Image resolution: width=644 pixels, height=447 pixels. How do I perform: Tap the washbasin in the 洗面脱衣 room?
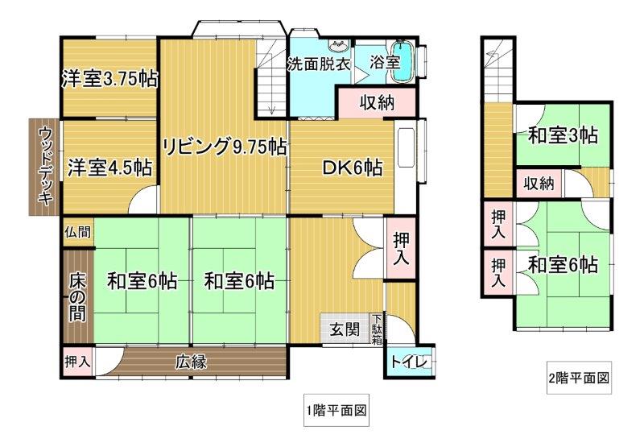pyautogui.click(x=339, y=46)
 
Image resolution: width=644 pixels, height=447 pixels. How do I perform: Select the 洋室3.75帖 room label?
pyautogui.click(x=109, y=79)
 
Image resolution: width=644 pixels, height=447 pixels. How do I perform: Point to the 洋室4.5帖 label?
pyautogui.click(x=109, y=168)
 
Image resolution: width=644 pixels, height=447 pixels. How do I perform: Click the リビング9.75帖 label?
pyautogui.click(x=225, y=147)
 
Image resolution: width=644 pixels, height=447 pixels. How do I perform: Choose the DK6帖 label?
pyautogui.click(x=353, y=168)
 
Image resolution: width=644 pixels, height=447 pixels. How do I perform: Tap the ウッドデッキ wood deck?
pyautogui.click(x=45, y=168)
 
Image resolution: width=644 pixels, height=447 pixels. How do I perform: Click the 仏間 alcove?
pyautogui.click(x=78, y=232)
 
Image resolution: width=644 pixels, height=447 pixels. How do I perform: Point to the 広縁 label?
pyautogui.click(x=192, y=362)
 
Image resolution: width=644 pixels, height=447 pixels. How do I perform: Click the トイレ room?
pyautogui.click(x=409, y=362)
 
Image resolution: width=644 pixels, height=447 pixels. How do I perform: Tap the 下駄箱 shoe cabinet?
pyautogui.click(x=377, y=329)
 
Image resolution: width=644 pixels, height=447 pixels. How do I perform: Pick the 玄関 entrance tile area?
pyautogui.click(x=345, y=329)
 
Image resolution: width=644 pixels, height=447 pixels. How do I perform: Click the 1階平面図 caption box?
pyautogui.click(x=336, y=410)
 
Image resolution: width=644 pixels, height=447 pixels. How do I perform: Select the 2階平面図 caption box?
pyautogui.click(x=579, y=378)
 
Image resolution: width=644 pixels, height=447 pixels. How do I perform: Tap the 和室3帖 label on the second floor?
pyautogui.click(x=563, y=135)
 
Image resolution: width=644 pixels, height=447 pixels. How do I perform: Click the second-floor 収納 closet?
pyautogui.click(x=539, y=184)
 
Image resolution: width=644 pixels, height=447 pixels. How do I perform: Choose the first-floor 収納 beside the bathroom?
pyautogui.click(x=377, y=102)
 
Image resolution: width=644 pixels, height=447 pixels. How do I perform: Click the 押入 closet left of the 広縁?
pyautogui.click(x=77, y=362)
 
